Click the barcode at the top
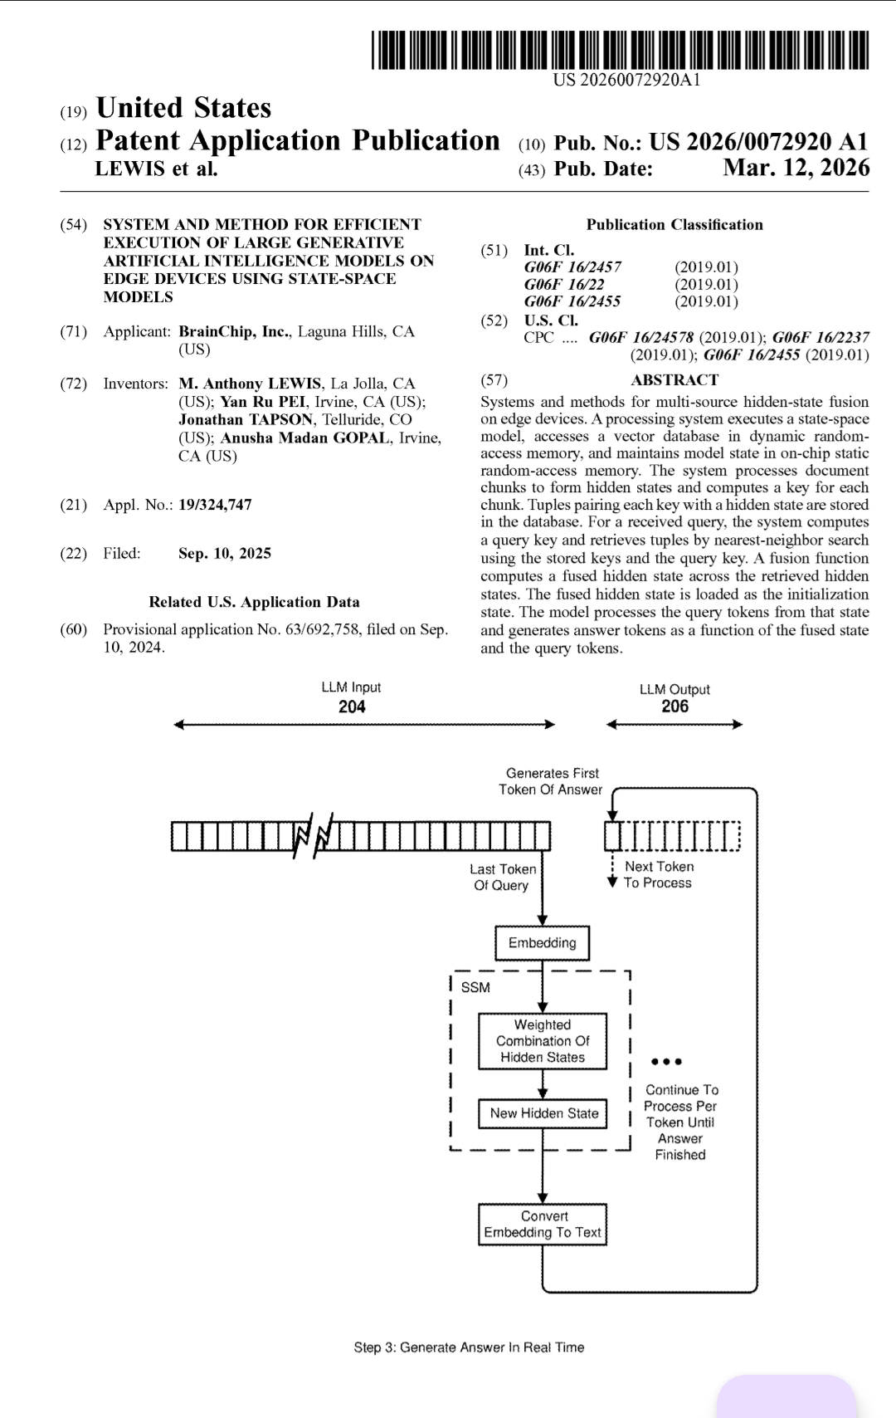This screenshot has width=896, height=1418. [619, 50]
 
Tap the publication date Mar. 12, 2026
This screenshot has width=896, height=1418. [796, 168]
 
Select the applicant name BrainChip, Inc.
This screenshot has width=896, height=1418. [234, 331]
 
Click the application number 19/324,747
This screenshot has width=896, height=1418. [215, 505]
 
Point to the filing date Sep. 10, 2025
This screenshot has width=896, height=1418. [224, 554]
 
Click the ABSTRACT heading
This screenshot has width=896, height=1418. [674, 380]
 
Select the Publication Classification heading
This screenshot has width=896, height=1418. [674, 225]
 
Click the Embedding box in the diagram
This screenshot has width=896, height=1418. [542, 943]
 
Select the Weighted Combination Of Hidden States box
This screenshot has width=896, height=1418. [542, 1041]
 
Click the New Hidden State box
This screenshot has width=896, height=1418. [543, 1113]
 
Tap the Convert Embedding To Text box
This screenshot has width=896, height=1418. [543, 1225]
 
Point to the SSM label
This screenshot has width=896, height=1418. [475, 987]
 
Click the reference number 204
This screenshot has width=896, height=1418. [352, 707]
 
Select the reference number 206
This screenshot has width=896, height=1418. [674, 707]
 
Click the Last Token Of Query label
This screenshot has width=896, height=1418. [502, 877]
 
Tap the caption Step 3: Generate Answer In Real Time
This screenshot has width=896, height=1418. [469, 1347]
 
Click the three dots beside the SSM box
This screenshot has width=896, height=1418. [667, 1062]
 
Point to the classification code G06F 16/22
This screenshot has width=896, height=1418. [563, 284]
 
